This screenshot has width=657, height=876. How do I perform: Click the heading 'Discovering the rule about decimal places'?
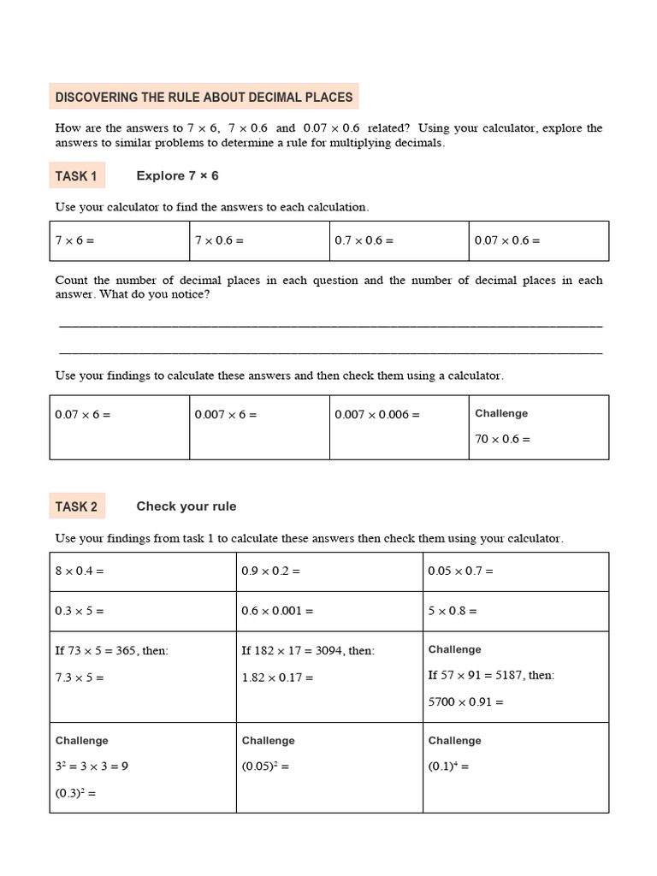(x=204, y=98)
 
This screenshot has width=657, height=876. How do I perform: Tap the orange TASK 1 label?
(x=76, y=176)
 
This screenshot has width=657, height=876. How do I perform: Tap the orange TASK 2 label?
(x=76, y=506)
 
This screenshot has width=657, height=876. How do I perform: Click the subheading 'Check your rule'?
(x=186, y=506)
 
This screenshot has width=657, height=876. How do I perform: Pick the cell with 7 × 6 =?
(x=119, y=240)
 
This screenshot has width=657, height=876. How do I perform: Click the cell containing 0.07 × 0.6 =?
(x=539, y=240)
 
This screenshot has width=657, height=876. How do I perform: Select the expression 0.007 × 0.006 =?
(x=377, y=414)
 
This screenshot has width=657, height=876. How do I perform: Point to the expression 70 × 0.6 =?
(x=503, y=439)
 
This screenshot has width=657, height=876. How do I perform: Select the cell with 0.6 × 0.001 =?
(x=329, y=611)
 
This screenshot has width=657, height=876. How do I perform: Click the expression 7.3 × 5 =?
(x=80, y=678)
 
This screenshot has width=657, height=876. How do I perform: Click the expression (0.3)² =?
(x=75, y=792)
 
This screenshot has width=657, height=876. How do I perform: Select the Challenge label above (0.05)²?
(x=268, y=741)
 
